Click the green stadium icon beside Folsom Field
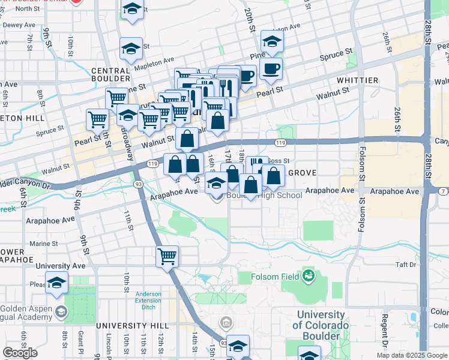click(308, 276)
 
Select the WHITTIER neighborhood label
click(357, 80)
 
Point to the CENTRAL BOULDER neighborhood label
click(111, 74)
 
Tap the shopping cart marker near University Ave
click(167, 256)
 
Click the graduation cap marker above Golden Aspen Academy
click(56, 283)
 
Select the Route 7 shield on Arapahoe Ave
click(442, 191)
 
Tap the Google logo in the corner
click(20, 353)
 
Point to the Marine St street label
click(43, 244)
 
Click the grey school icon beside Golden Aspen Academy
click(61, 311)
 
